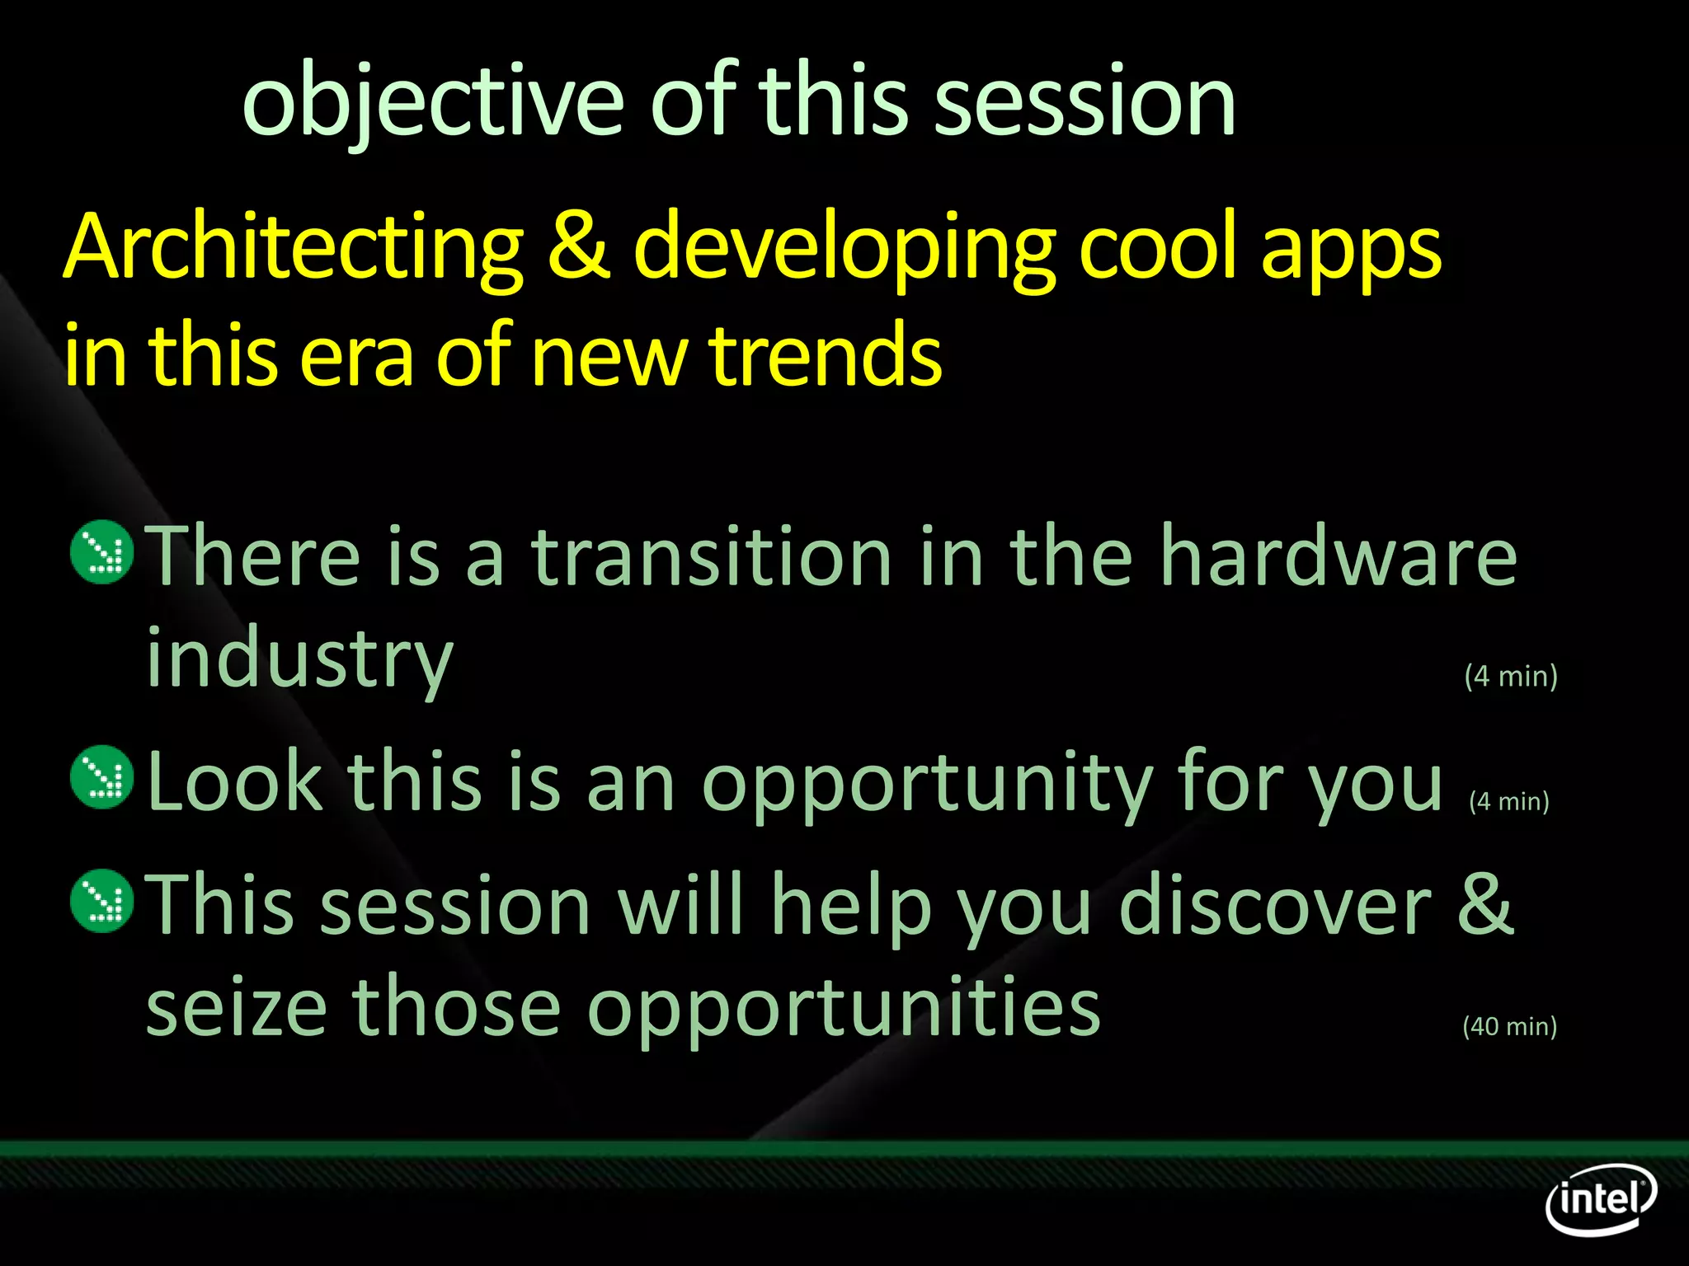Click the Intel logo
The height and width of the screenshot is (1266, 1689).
pos(1600,1198)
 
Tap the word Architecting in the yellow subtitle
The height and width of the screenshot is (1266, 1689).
pos(294,247)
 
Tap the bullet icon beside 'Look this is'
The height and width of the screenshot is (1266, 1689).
pos(102,776)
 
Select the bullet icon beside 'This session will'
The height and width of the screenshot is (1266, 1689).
pos(102,901)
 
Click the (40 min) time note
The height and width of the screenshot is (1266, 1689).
pos(1509,1026)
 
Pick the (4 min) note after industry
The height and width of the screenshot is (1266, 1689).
pos(1511,676)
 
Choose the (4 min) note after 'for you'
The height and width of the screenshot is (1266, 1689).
pos(1509,801)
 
